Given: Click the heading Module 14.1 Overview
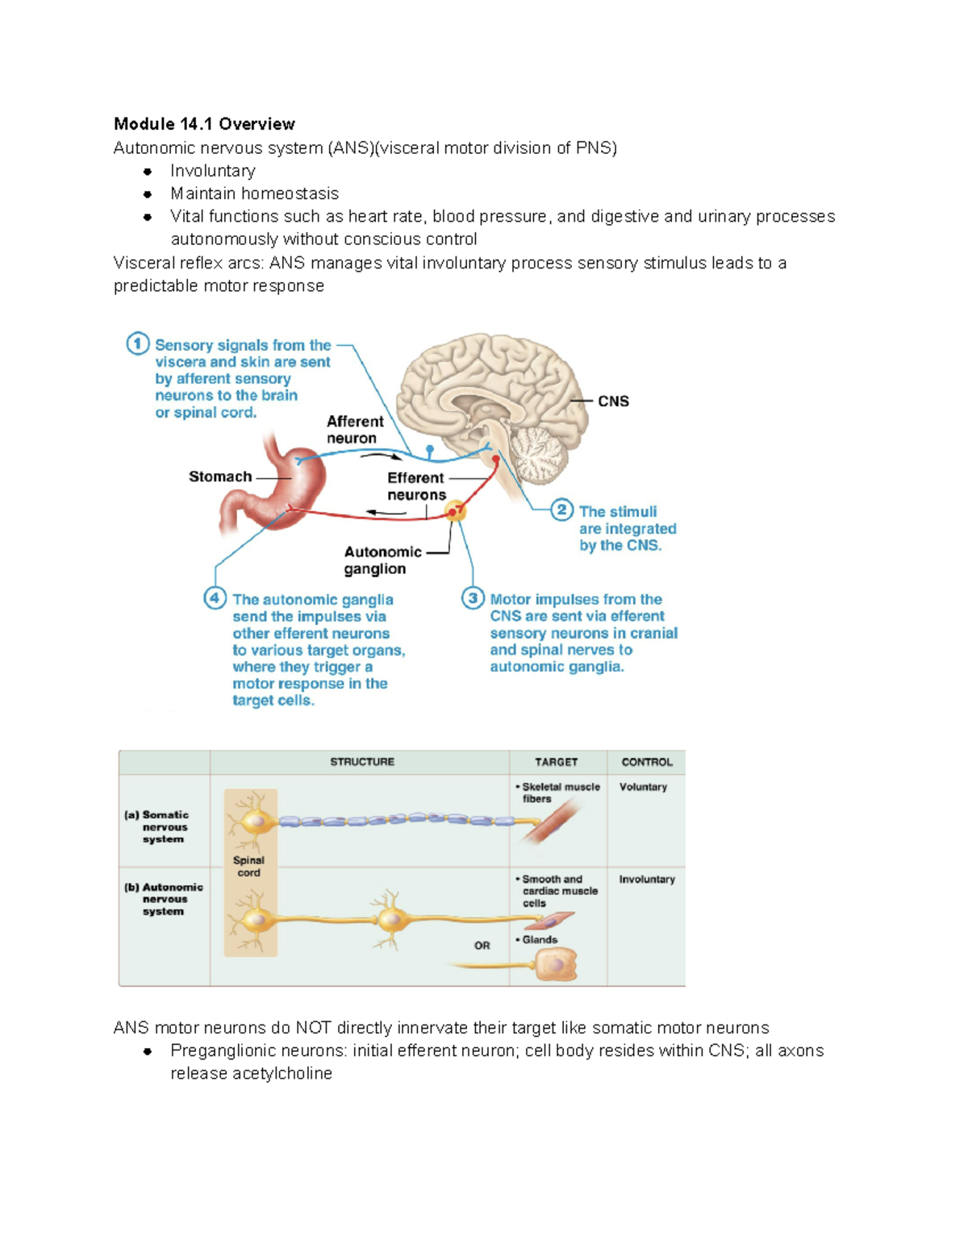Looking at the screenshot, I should point(204,124).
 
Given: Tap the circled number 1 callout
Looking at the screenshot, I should point(137,344).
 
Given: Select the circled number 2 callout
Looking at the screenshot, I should point(562,510).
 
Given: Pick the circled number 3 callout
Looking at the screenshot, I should point(473,598).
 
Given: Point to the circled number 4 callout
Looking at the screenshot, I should point(215,598).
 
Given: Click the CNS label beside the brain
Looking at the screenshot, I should point(613,401).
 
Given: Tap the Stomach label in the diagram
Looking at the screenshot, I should point(219,476).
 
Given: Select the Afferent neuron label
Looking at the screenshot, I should point(354,430).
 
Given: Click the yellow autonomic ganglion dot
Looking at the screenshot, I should point(456,510).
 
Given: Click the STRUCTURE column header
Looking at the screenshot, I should point(361,762).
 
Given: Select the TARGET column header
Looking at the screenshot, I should point(556,762).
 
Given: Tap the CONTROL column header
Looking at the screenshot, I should point(646,762).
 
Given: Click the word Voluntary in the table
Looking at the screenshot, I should point(643,787).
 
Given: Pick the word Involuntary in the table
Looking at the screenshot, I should point(647,880).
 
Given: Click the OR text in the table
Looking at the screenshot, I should point(482,946).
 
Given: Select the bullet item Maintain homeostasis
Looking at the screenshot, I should point(254,193).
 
